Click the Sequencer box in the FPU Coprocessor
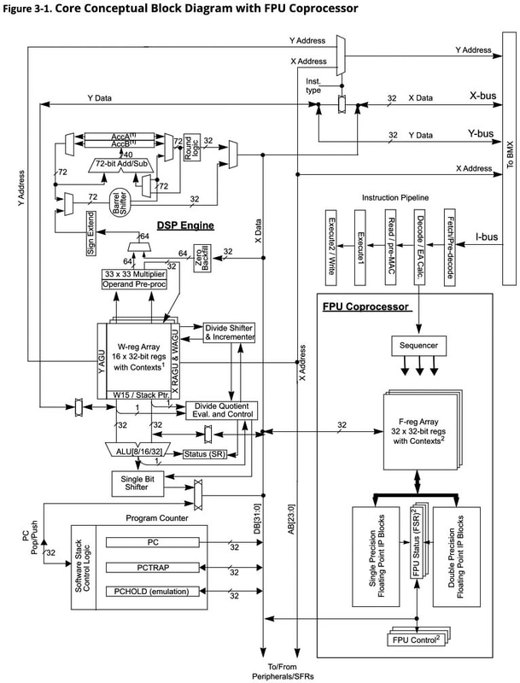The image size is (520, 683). pyautogui.click(x=415, y=347)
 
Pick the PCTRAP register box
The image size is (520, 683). pyautogui.click(x=154, y=567)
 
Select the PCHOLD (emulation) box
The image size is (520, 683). pyautogui.click(x=154, y=591)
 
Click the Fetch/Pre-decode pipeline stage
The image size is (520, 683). pyautogui.click(x=447, y=242)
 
